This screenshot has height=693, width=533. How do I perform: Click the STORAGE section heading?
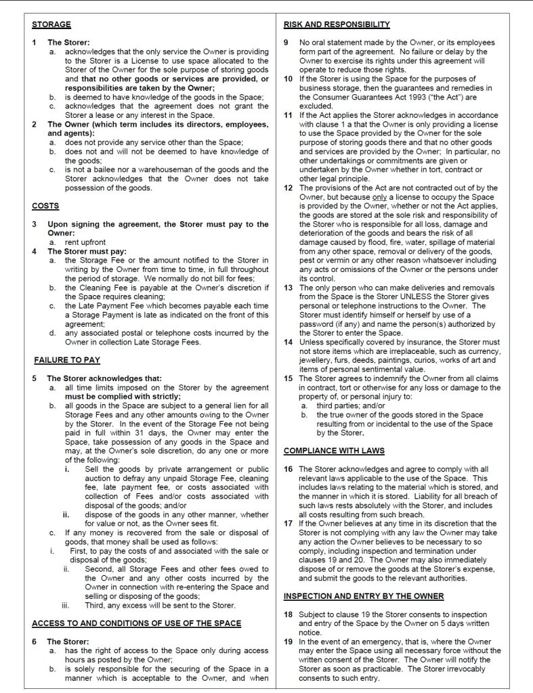(51, 25)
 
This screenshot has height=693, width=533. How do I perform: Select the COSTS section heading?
(45, 205)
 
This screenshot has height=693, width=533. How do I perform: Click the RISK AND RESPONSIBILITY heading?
(337, 25)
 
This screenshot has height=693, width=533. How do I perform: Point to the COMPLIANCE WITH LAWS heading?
(334, 450)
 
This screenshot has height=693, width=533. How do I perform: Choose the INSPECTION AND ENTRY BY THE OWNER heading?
(364, 596)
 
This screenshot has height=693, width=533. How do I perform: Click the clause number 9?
(288, 43)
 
